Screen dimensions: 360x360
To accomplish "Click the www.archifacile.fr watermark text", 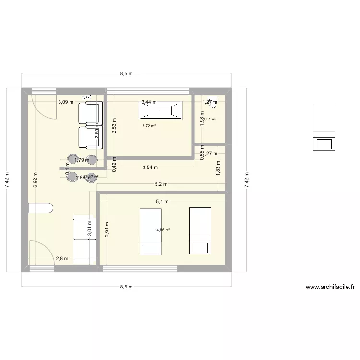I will [330, 288].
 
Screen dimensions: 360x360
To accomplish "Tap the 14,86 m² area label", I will [162, 230].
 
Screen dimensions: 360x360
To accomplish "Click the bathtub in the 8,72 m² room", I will [160, 111].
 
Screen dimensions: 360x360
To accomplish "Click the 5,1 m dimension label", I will [162, 202].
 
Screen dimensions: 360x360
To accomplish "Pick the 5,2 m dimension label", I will [161, 184].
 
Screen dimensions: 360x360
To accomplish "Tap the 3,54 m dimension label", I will [151, 168].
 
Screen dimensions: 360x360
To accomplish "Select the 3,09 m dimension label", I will [66, 102].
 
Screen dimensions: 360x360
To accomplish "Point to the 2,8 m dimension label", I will [62, 259].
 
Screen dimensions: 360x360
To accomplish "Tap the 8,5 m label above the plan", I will [126, 74].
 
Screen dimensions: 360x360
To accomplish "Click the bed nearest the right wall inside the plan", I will [200, 230].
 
